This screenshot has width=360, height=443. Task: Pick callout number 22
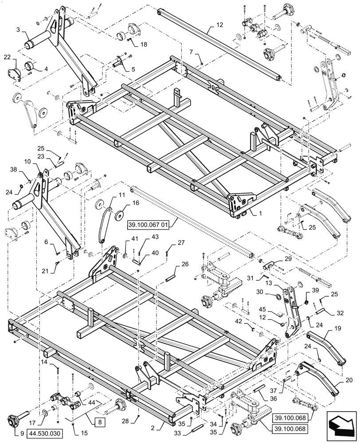[8, 58]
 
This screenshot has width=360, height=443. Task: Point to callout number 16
[123, 203]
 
